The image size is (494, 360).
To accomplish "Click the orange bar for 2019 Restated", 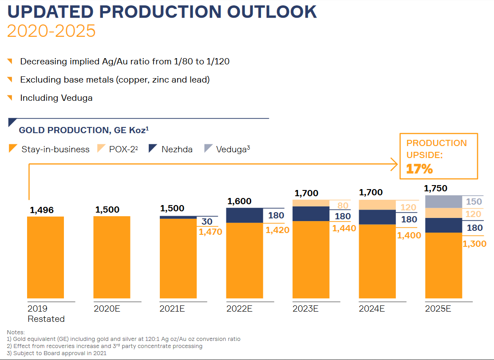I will tap(45, 257).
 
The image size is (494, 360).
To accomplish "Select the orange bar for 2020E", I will tap(112, 257).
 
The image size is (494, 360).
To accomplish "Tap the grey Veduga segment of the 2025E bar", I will tap(443, 202).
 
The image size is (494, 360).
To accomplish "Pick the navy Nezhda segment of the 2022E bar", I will tap(245, 215).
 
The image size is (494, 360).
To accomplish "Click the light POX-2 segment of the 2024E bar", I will tap(377, 205).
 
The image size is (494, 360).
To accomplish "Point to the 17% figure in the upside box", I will tap(419, 169).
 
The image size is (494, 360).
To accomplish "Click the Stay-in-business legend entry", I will tap(49, 149).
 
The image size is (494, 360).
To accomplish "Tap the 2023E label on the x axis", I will tap(305, 309).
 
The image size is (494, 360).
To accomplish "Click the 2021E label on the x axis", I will tap(172, 309).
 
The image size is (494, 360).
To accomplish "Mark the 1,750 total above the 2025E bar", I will tap(436, 189).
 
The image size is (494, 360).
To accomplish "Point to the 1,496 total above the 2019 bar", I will tap(42, 210).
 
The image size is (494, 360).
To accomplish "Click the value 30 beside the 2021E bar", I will tap(207, 222).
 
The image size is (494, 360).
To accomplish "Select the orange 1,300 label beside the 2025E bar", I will tap(474, 244).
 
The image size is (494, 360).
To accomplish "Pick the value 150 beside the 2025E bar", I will tap(474, 202).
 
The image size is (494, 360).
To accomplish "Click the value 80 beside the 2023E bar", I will tap(343, 206).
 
